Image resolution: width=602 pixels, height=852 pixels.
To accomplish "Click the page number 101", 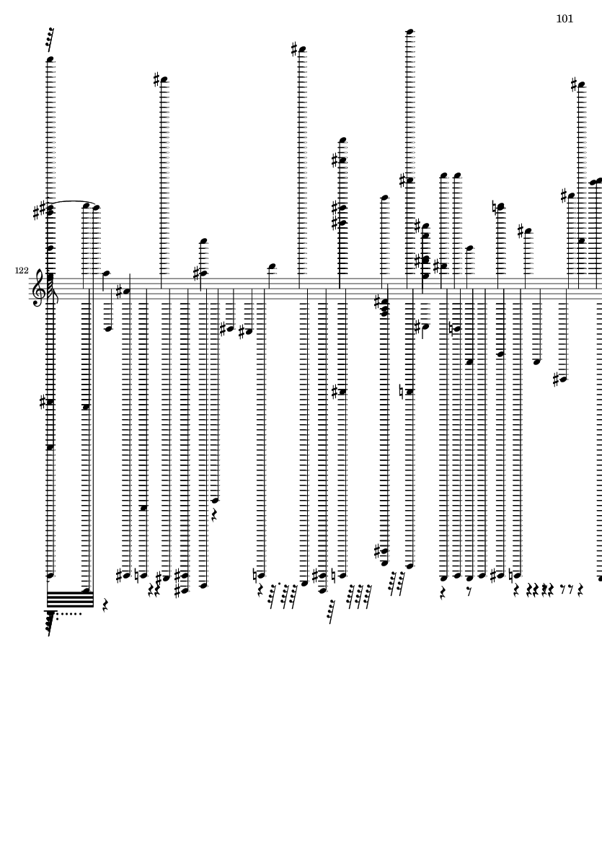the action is click(x=565, y=19).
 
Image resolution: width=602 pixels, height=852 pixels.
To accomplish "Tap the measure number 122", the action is click(x=22, y=270).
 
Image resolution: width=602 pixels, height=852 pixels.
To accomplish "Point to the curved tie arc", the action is click(x=71, y=203).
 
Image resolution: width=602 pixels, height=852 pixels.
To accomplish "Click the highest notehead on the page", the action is click(x=410, y=32).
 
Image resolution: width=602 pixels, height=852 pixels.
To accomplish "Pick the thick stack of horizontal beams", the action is click(x=70, y=599).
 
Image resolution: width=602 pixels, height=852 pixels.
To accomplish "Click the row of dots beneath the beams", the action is click(x=69, y=614).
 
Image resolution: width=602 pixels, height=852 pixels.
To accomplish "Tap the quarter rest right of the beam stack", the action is click(x=105, y=603).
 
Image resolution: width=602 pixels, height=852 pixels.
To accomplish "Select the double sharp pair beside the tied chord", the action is click(x=40, y=211).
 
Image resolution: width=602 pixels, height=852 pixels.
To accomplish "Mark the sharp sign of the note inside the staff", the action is click(x=120, y=291).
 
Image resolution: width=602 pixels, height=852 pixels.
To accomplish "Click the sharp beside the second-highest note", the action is click(x=295, y=50).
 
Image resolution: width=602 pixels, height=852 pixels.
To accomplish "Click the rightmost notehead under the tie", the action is click(x=96, y=207).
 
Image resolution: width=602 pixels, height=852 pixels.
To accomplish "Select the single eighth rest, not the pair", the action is click(x=469, y=591).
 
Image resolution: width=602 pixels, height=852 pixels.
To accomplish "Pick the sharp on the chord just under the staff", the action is click(x=379, y=302).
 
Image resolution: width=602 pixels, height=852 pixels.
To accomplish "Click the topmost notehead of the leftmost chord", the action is click(x=50, y=59).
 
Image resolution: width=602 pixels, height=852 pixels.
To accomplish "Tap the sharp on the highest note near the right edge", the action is click(x=575, y=84).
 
